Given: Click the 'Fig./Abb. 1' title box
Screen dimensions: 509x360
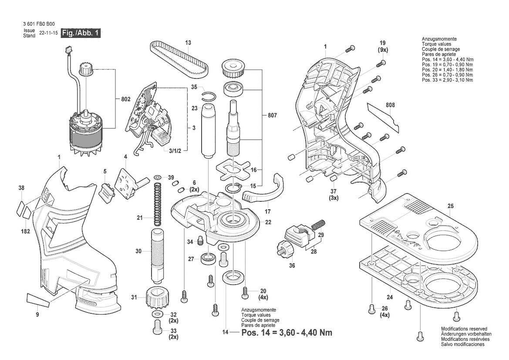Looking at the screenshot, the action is click(x=81, y=33).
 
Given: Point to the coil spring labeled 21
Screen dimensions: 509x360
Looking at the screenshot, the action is click(x=157, y=204).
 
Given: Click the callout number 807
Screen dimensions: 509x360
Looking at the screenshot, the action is click(x=272, y=115).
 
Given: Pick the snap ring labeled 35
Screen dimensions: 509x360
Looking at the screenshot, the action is click(x=209, y=96).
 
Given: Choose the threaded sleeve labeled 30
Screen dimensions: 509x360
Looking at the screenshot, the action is click(x=157, y=256).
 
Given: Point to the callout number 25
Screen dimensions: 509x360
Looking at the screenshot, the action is click(x=450, y=206).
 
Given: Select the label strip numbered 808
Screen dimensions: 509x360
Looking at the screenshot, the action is click(x=383, y=117).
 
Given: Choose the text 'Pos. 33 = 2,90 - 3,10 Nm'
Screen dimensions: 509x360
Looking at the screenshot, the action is click(x=447, y=80).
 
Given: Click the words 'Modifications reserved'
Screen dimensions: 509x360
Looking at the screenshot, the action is click(x=464, y=329).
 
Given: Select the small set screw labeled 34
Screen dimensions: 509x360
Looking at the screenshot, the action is click(x=200, y=241).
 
